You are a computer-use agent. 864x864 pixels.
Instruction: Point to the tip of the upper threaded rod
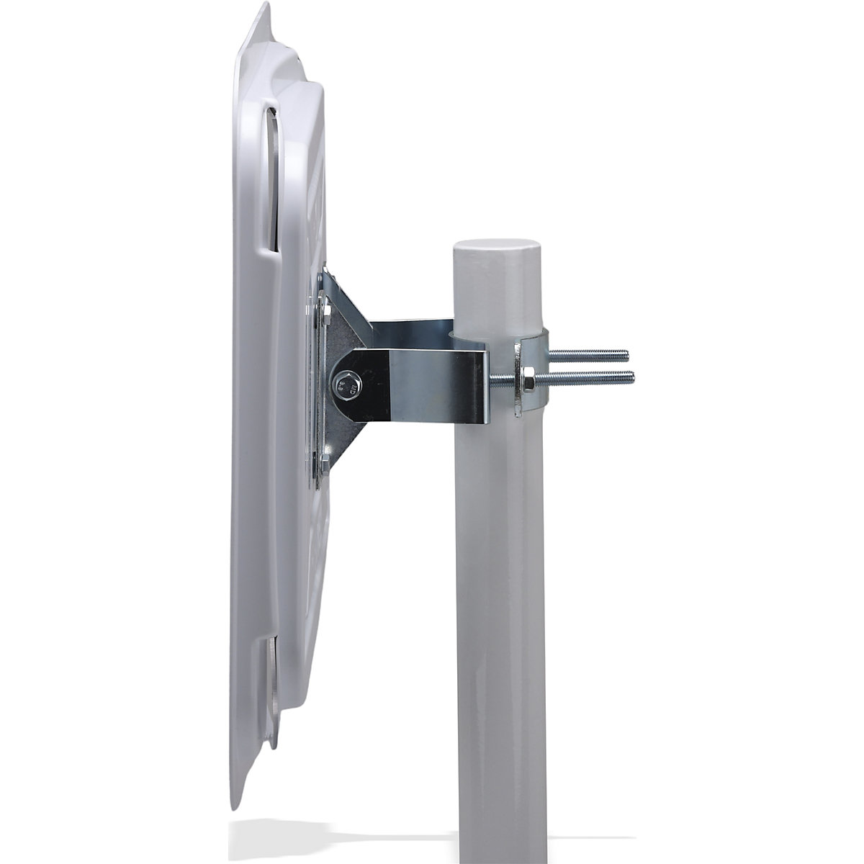pos(628,355)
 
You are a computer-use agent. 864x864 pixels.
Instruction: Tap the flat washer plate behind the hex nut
pos(517,378)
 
